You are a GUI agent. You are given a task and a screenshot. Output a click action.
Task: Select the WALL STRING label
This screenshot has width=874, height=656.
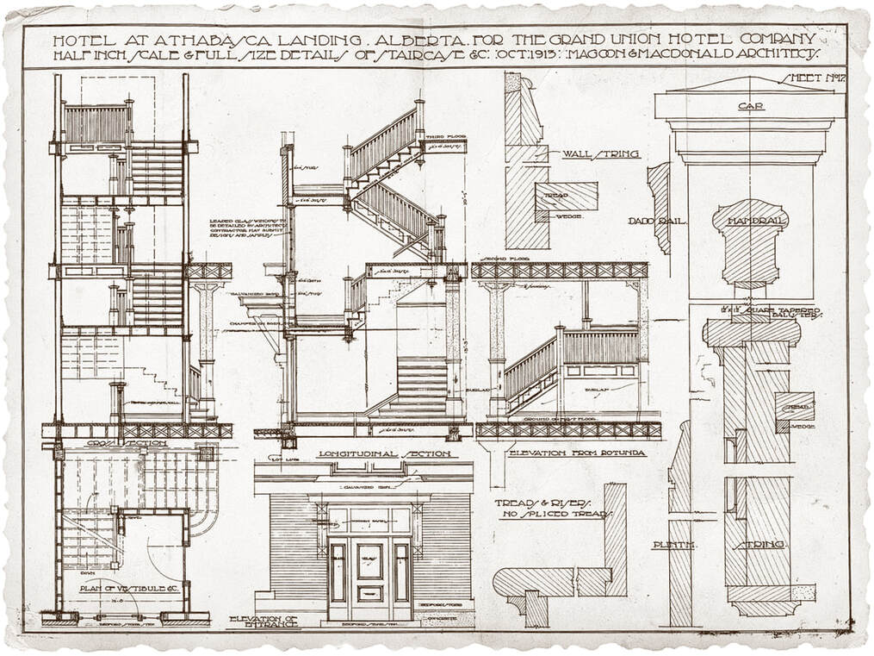pyautogui.click(x=601, y=154)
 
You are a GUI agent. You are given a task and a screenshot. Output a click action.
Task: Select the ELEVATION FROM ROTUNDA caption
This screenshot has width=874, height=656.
pyautogui.click(x=566, y=452)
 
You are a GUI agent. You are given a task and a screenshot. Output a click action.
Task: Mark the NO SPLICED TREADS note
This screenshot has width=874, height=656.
pyautogui.click(x=554, y=515)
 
